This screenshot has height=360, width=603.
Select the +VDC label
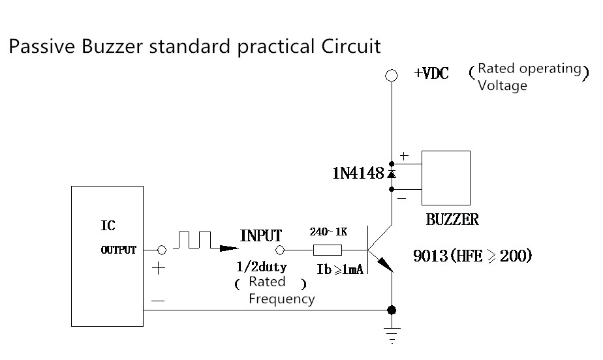431,73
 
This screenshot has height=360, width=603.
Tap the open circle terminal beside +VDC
392,76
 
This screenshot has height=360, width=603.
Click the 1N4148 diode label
359,174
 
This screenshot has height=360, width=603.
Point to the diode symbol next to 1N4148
392,174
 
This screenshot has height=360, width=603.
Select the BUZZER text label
452,220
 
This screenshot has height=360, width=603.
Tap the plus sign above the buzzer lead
404,157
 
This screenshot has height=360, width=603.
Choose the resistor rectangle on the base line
327,250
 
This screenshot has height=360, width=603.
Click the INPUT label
261,236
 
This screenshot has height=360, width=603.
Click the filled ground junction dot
392,310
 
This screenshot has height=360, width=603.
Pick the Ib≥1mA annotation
339,269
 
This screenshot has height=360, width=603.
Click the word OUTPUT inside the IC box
119,250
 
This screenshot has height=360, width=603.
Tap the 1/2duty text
260,267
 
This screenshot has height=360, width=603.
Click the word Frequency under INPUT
281,299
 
